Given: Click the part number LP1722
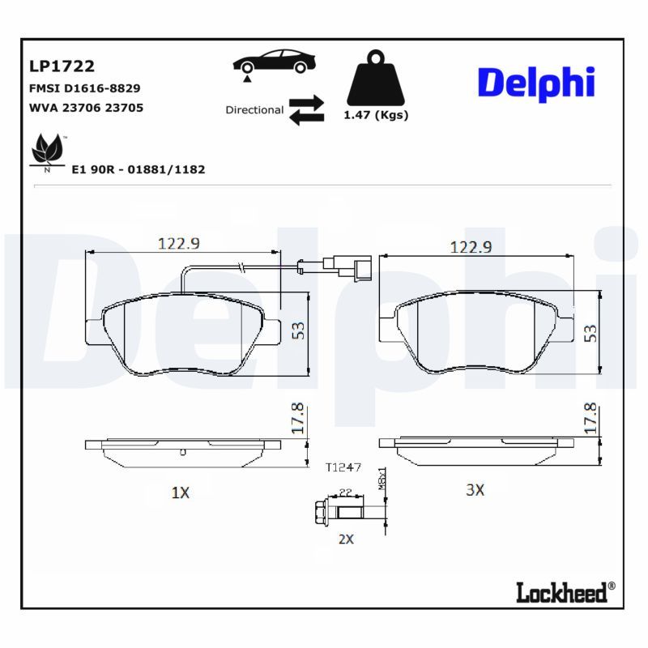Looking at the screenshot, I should pos(62,66).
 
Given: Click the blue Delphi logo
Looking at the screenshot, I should pos(535,83).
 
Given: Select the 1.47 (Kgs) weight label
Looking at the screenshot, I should pos(376,115).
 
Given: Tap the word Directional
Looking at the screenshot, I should pos(254,110).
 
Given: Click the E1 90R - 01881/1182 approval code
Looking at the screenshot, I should pos(139,170).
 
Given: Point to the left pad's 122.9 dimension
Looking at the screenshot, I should pos(178,244).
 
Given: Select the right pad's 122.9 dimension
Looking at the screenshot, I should pos(471,248).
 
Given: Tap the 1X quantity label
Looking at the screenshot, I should pos(180,492).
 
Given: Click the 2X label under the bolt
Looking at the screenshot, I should pos(346,539).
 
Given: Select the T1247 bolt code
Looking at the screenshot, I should pos(343,467).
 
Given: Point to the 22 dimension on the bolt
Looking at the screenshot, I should pos(344,492).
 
